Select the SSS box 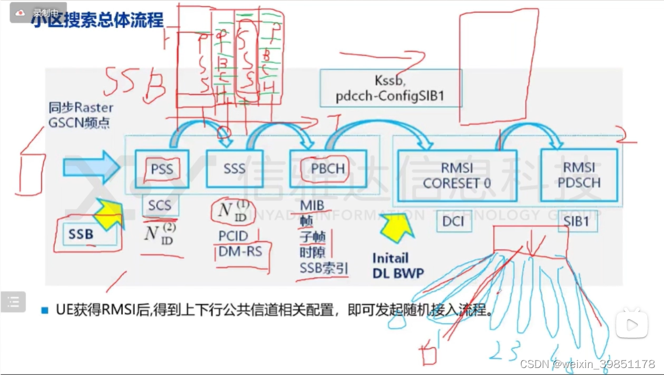[x=234, y=169]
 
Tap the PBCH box [x=327, y=169]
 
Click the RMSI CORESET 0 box [x=456, y=175]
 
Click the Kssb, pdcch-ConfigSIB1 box [x=390, y=88]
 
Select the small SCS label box [x=160, y=205]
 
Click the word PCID [x=233, y=236]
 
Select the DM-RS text [x=240, y=251]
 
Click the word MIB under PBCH [x=312, y=206]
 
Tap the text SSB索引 [x=324, y=268]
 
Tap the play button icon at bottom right [x=632, y=324]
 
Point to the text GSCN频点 [x=79, y=123]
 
